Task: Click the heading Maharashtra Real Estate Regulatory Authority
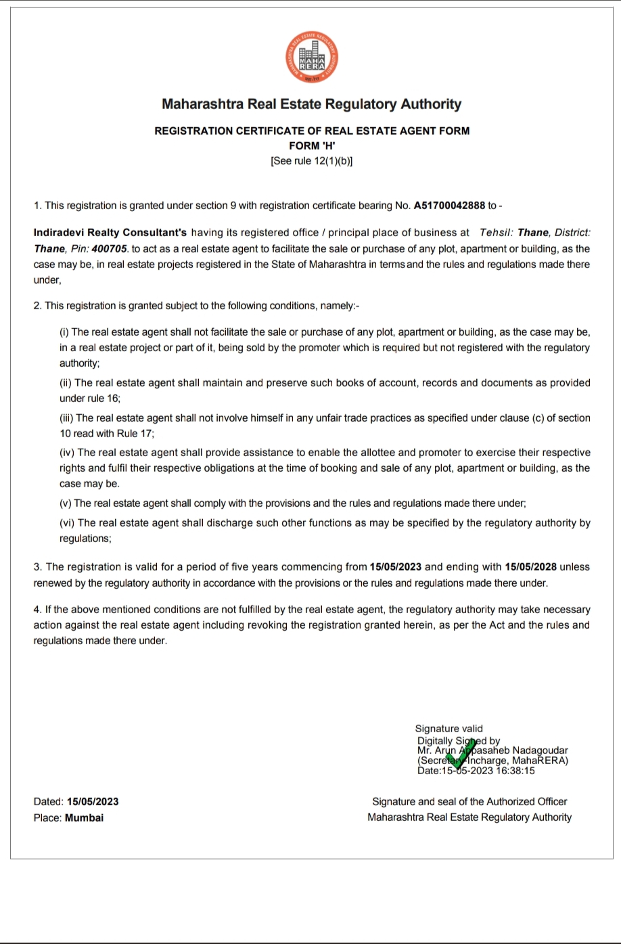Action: [311, 104]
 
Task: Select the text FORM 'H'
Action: [311, 145]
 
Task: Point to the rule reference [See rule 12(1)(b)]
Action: [311, 161]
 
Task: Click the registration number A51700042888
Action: [449, 205]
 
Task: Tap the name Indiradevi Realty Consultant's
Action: [110, 233]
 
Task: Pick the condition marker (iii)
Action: [66, 418]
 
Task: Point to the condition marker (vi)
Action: [66, 523]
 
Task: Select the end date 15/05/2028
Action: [535, 567]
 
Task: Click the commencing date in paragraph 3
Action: [396, 567]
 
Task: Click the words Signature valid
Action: [449, 729]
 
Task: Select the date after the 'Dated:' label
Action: [93, 802]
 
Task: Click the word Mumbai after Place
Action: [85, 817]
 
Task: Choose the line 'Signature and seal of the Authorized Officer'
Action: [469, 802]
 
